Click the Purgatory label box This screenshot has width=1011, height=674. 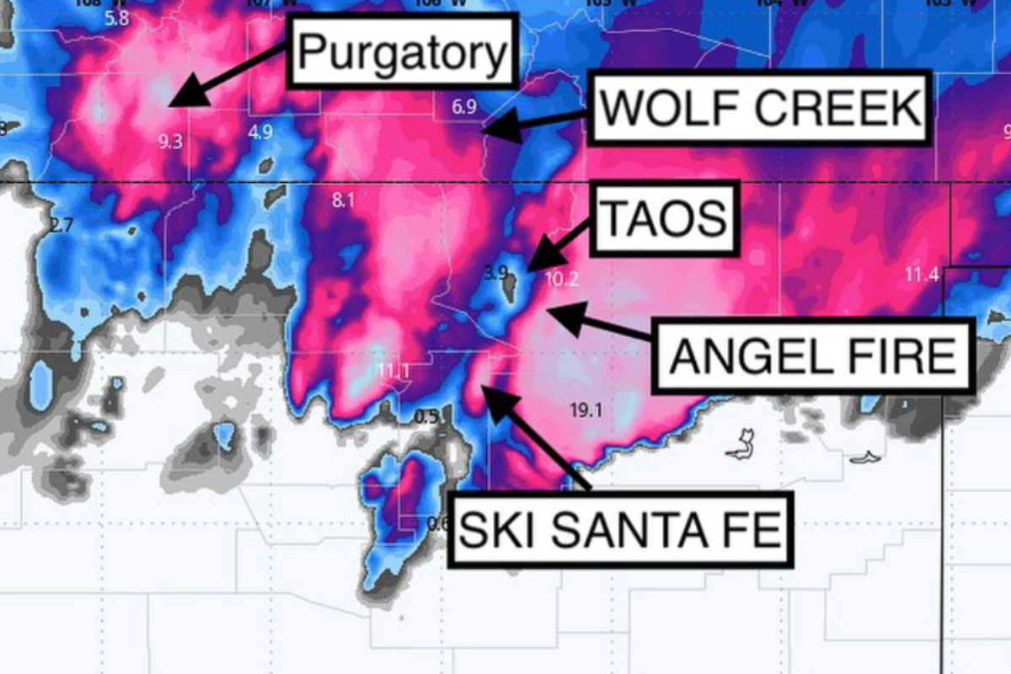pos(403,54)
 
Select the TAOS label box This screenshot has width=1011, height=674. pos(665,218)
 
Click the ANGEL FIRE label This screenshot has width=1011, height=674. pos(814,355)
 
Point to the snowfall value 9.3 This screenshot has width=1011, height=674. pos(170,142)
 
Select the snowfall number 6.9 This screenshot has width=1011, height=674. pos(464,107)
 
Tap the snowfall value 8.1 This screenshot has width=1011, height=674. pos(344,201)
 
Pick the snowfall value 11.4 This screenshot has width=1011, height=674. pos(922,274)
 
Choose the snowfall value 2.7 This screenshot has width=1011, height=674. pos(62,225)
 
